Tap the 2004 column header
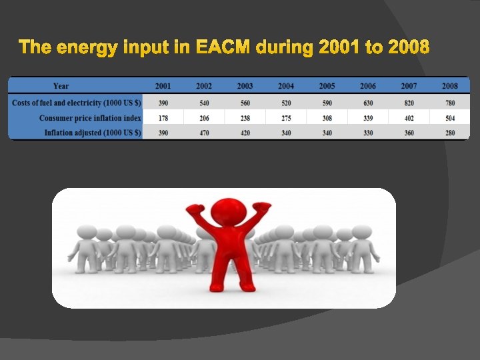click(x=286, y=86)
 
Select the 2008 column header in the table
click(x=450, y=86)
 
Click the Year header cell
click(x=61, y=86)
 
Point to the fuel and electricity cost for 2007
click(x=409, y=103)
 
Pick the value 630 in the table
click(x=368, y=103)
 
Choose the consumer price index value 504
click(x=450, y=118)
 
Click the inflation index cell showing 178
click(x=163, y=118)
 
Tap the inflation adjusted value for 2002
click(x=204, y=133)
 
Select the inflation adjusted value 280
click(x=450, y=133)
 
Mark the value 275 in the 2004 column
click(x=286, y=118)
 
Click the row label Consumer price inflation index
click(x=90, y=118)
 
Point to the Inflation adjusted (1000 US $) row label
click(x=93, y=133)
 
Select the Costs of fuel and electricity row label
click(x=77, y=103)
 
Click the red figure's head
click(x=233, y=208)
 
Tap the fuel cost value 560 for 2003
click(x=245, y=103)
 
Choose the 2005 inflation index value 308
click(x=327, y=118)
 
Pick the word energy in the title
click(x=85, y=48)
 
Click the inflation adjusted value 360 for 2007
click(x=409, y=133)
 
